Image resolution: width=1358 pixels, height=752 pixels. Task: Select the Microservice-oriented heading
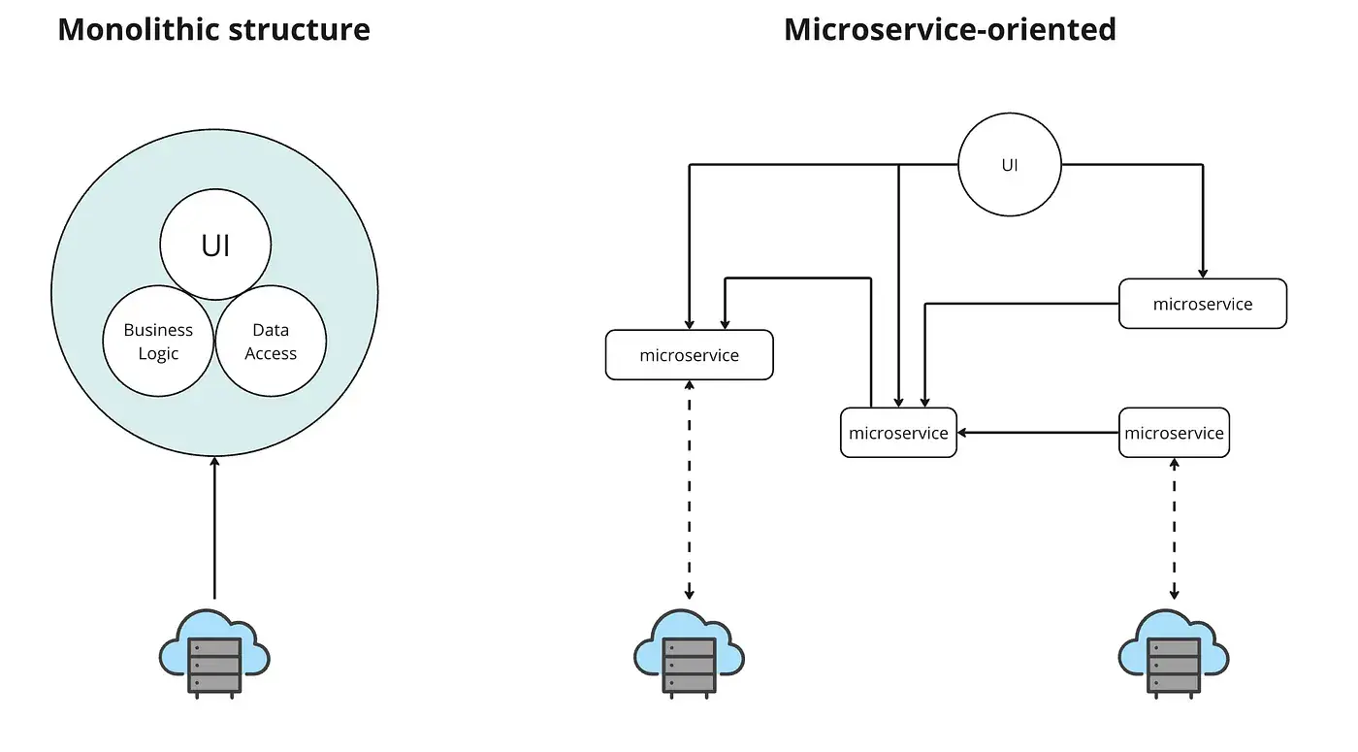pyautogui.click(x=950, y=29)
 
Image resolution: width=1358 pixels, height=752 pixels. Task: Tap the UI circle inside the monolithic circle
pyautogui.click(x=215, y=245)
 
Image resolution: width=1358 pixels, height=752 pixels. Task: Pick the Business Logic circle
pyautogui.click(x=158, y=342)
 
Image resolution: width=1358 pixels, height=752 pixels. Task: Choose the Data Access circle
pyautogui.click(x=271, y=342)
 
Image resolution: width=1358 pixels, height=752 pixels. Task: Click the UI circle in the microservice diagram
pyautogui.click(x=1010, y=165)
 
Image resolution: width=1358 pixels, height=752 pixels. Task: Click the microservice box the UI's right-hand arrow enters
pyautogui.click(x=1203, y=304)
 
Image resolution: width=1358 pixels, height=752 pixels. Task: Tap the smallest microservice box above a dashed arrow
pyautogui.click(x=1174, y=433)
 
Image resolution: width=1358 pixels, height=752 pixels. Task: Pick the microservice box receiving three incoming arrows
pyautogui.click(x=898, y=433)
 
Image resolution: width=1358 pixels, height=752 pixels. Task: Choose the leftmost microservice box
pyautogui.click(x=689, y=355)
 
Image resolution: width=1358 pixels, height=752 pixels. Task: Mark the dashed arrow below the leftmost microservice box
pyautogui.click(x=689, y=490)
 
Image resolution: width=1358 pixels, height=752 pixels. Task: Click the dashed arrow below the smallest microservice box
pyautogui.click(x=1174, y=529)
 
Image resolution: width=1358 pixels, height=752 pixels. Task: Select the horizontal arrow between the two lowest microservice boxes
pyautogui.click(x=1038, y=433)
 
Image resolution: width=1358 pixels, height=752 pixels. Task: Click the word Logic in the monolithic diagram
pyautogui.click(x=158, y=354)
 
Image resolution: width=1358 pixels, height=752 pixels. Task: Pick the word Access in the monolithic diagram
pyautogui.click(x=271, y=354)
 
